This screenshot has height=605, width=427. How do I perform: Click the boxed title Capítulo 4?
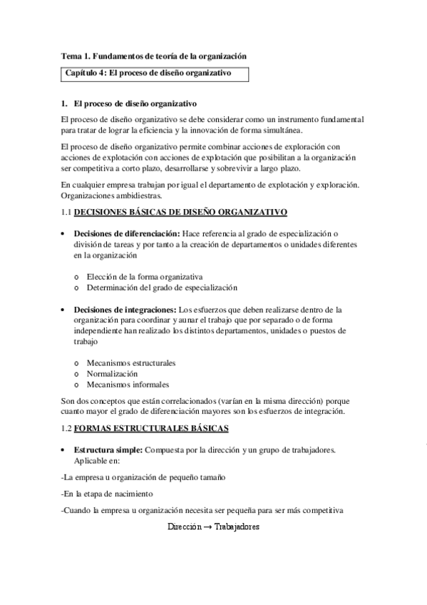(x=148, y=73)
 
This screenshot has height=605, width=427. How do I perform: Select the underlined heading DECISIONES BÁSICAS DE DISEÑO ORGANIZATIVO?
(x=180, y=212)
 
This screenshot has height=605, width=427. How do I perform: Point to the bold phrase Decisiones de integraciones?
(x=125, y=310)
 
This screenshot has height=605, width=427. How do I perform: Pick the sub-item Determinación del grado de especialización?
(x=162, y=288)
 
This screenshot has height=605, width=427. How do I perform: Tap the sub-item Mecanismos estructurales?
(x=131, y=362)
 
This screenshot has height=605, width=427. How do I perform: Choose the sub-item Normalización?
(x=113, y=373)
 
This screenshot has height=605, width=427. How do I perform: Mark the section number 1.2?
(x=67, y=428)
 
